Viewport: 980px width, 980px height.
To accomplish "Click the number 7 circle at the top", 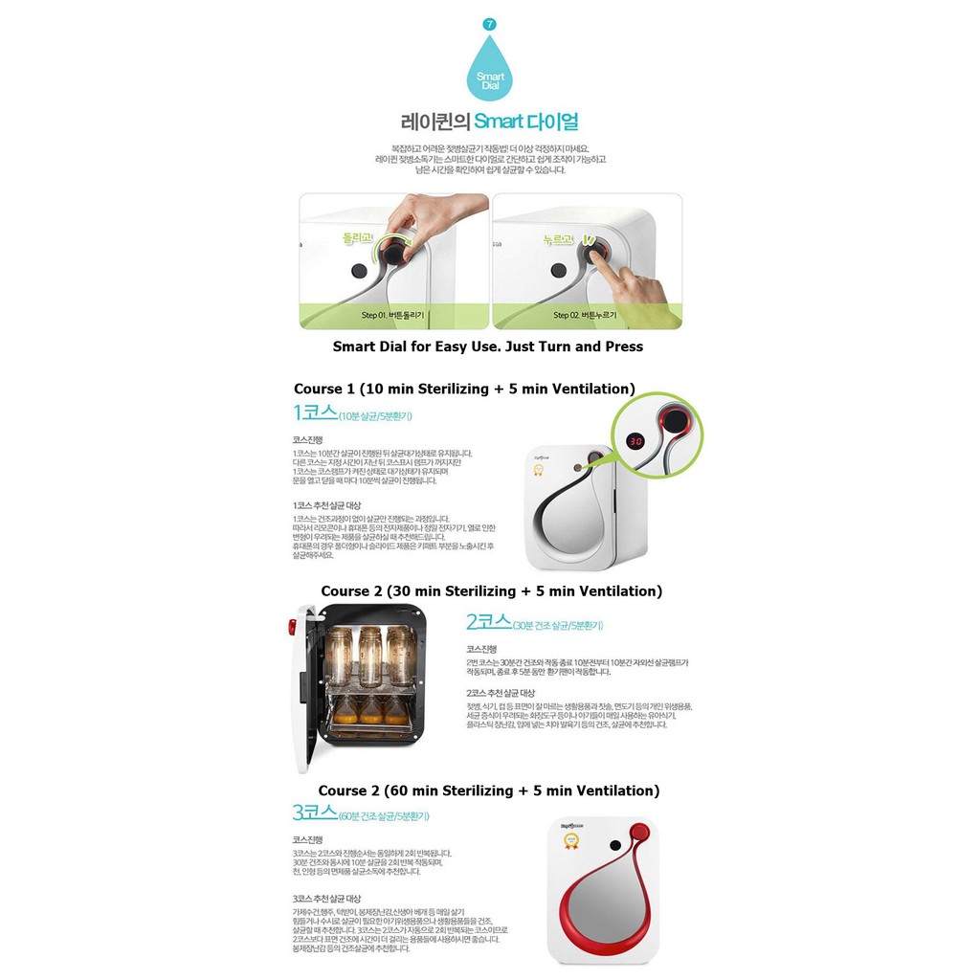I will [x=490, y=23].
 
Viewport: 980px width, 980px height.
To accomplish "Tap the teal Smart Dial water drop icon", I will [x=489, y=71].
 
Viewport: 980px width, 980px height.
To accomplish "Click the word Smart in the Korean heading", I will [x=500, y=122].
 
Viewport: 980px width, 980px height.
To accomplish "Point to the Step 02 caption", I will [x=585, y=315].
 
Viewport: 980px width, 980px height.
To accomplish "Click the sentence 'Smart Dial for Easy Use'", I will [x=488, y=346].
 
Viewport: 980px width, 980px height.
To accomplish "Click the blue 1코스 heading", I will [x=315, y=413].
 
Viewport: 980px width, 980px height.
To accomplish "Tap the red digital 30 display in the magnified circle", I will [x=635, y=441].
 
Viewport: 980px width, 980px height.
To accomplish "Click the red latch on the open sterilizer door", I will [x=291, y=627].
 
